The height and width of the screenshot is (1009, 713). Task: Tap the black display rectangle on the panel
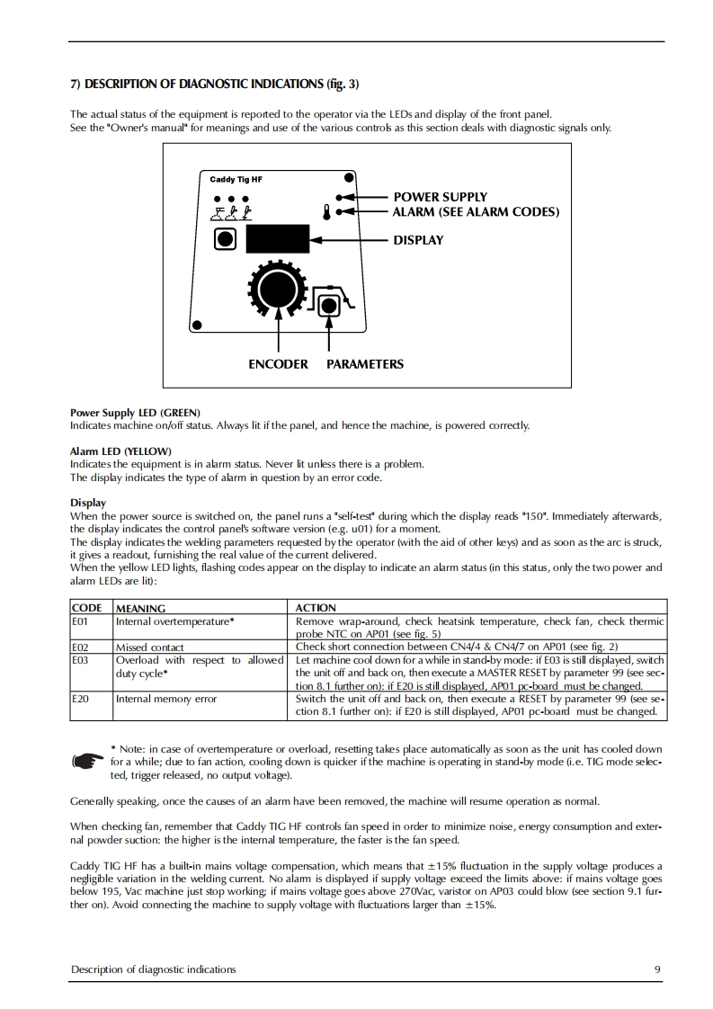point(277,240)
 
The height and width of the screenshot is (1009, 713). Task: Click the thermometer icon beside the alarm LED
point(326,213)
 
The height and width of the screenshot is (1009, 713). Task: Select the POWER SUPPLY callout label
point(440,197)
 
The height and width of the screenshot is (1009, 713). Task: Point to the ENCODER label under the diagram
point(278,364)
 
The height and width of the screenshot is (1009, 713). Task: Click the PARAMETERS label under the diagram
point(365,364)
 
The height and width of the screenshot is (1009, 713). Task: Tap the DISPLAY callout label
point(418,240)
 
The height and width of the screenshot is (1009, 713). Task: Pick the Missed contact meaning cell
point(150,647)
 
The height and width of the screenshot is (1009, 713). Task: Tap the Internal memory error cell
point(166,698)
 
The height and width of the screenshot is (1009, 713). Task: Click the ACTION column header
point(316,608)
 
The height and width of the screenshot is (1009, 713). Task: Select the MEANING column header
point(141,608)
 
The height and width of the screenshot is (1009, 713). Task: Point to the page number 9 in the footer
point(657,969)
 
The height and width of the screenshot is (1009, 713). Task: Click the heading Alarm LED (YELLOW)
point(120,451)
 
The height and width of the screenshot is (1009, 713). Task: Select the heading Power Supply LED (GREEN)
point(135,412)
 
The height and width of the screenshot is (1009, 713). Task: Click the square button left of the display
point(225,239)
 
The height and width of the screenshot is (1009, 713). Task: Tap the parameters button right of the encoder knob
point(330,305)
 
